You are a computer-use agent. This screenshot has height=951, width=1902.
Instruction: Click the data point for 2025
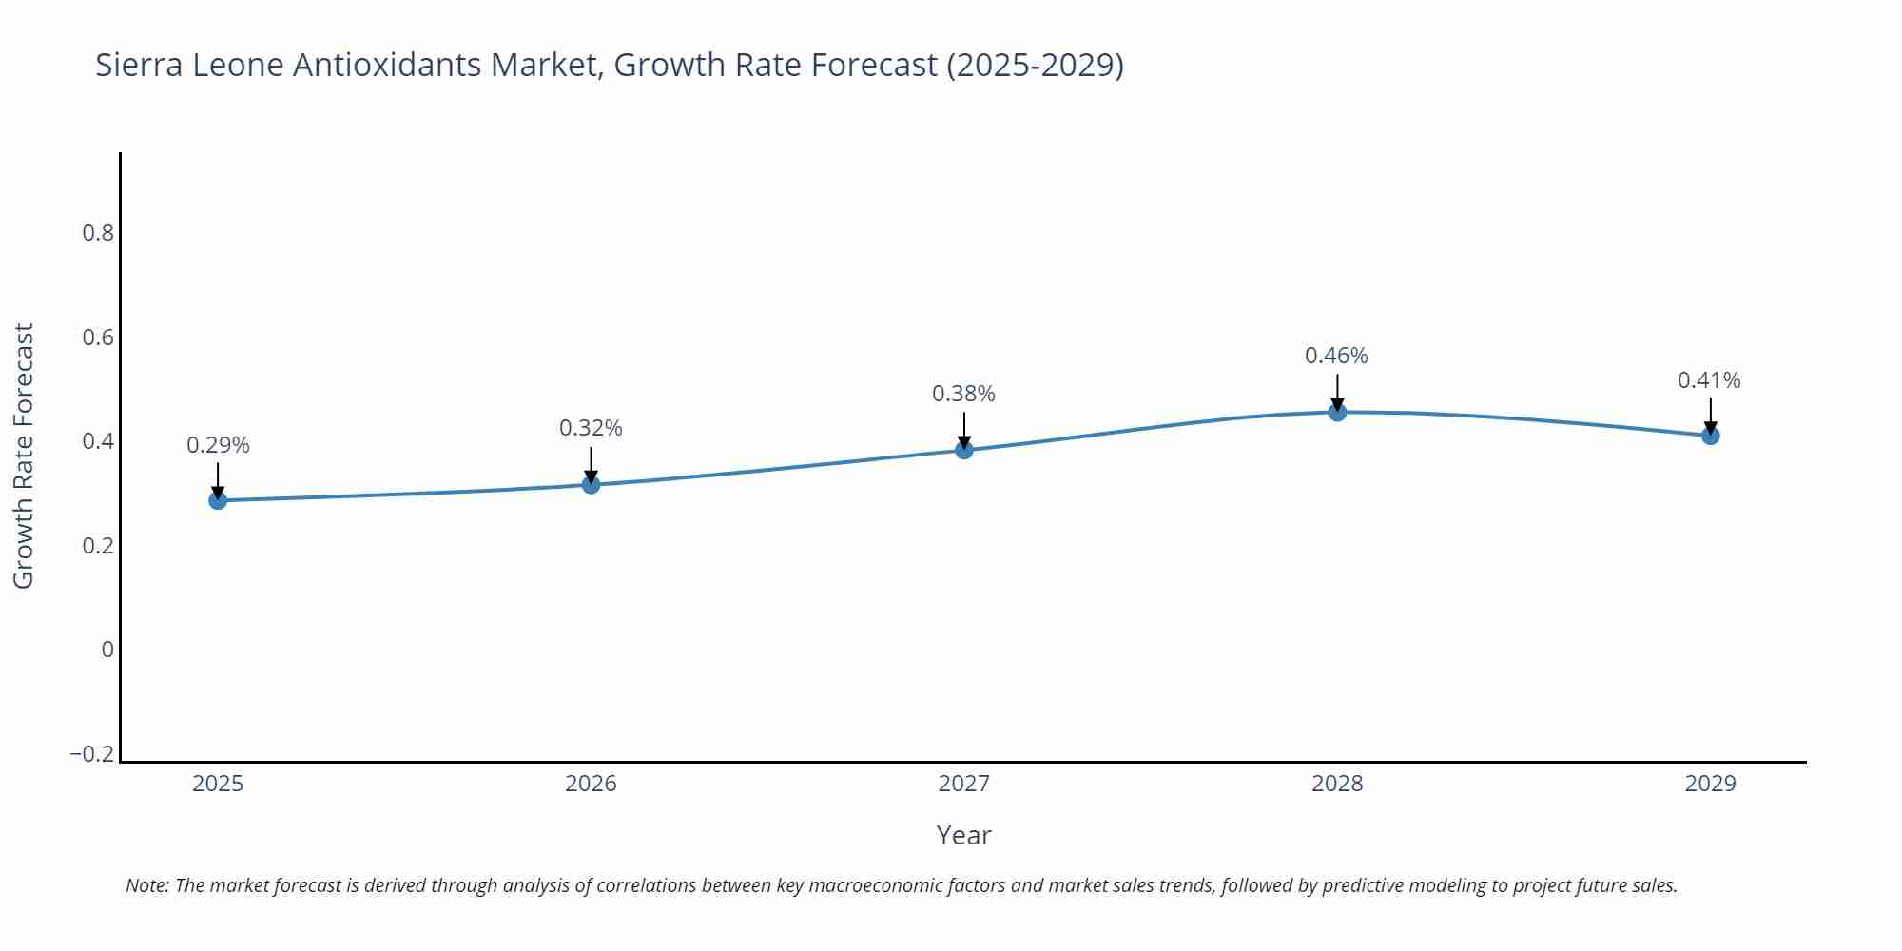pos(218,500)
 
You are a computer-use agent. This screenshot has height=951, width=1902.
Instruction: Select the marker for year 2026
pos(591,485)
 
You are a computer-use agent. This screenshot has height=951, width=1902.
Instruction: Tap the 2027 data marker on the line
pos(964,450)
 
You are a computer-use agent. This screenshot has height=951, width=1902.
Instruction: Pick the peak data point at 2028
pos(1337,412)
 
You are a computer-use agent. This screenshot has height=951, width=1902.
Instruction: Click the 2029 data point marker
pos(1710,436)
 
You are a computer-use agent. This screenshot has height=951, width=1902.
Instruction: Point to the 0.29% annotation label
pos(218,445)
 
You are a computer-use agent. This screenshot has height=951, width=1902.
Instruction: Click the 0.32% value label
pos(591,428)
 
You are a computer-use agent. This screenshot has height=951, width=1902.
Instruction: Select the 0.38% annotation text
pos(963,394)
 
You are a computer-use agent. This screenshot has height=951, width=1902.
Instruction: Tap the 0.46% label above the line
pos(1336,356)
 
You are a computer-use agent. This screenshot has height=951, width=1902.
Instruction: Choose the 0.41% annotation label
pos(1709,380)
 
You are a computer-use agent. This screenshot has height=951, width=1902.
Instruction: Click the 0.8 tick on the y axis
pos(98,233)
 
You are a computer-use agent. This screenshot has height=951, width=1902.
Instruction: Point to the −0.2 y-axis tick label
pos(91,754)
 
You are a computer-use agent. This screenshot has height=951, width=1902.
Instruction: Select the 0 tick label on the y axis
pos(107,650)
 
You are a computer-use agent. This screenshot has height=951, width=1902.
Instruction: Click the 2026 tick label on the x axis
pos(591,784)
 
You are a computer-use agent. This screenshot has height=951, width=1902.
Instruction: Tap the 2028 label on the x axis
pos(1337,784)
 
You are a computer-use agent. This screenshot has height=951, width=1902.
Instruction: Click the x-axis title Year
pos(963,835)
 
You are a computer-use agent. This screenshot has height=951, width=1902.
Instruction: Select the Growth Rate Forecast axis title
pos(24,456)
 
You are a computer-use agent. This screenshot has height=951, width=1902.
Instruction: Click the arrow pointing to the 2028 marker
pos(1337,391)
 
